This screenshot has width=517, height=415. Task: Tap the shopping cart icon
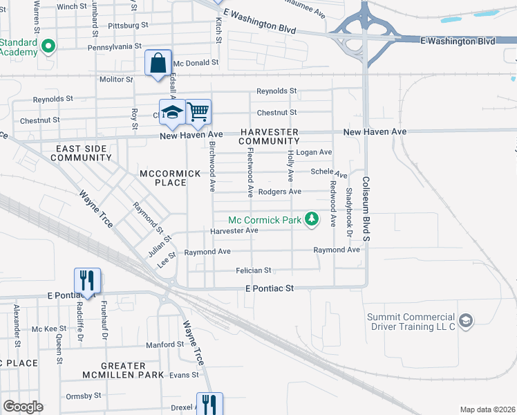pyautogui.click(x=198, y=111)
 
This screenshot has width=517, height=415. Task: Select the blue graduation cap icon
pyautogui.click(x=172, y=112)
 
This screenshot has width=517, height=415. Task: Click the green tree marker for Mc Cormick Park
pyautogui.click(x=312, y=219)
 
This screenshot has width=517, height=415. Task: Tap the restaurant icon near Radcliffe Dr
pyautogui.click(x=88, y=280)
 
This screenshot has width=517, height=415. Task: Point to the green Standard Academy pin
pyautogui.click(x=48, y=47)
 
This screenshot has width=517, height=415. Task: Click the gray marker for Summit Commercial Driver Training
pyautogui.click(x=467, y=320)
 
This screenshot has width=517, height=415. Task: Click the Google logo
pyautogui.click(x=23, y=407)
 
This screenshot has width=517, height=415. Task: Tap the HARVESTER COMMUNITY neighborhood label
pyautogui.click(x=269, y=136)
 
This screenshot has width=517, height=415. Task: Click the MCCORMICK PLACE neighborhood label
pyautogui.click(x=162, y=177)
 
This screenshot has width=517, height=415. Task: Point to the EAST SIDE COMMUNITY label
pyautogui.click(x=81, y=153)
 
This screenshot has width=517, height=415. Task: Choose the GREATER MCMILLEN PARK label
pyautogui.click(x=113, y=370)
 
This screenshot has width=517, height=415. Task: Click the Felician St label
pyautogui.click(x=254, y=270)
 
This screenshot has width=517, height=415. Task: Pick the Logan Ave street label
pyautogui.click(x=316, y=152)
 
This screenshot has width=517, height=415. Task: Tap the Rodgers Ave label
pyautogui.click(x=279, y=192)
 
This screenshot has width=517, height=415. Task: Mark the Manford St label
pyautogui.click(x=164, y=344)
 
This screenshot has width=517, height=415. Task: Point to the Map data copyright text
pyautogui.click(x=487, y=409)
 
